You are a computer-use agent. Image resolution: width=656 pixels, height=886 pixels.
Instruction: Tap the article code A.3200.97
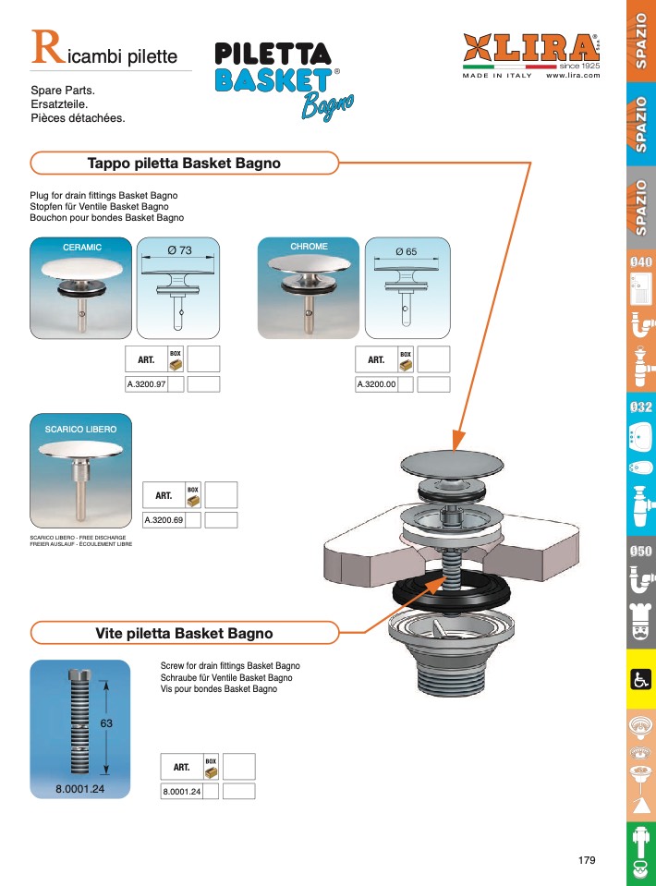146,384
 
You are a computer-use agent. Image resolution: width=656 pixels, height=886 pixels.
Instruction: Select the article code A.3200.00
376,384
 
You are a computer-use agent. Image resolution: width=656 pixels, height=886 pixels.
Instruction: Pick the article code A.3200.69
164,520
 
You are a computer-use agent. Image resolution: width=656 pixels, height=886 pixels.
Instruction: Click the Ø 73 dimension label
179,250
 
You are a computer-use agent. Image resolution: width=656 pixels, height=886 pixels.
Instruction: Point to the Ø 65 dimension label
407,251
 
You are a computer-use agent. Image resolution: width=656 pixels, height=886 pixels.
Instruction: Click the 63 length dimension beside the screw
106,723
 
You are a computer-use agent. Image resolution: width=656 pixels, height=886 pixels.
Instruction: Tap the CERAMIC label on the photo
81,248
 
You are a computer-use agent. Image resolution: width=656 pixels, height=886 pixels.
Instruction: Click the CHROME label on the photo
309,247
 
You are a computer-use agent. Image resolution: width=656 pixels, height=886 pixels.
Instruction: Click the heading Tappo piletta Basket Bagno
183,164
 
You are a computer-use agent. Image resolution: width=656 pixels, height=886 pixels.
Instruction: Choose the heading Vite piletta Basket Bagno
184,634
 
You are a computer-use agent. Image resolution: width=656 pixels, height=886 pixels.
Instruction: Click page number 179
587,860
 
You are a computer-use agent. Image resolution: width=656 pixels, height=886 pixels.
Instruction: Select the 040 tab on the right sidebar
641,262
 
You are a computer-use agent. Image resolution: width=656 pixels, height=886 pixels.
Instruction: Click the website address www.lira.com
573,75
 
